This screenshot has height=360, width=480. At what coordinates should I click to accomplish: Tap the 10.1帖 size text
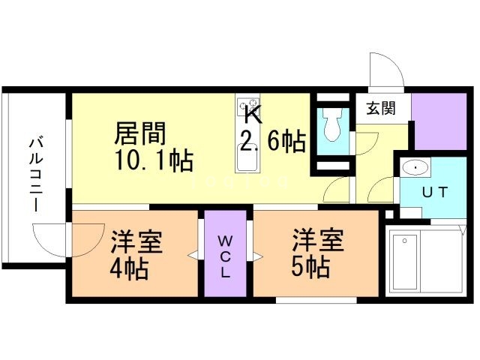tap(153, 160)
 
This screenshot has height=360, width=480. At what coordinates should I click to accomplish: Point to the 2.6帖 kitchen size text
tap(271, 141)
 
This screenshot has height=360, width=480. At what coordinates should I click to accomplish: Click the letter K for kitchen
tap(252, 116)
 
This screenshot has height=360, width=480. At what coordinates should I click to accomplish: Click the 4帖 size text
tap(130, 268)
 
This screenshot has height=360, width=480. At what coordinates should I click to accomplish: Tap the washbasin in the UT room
tap(414, 166)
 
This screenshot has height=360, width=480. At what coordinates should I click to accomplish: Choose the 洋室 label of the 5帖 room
tap(318, 241)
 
